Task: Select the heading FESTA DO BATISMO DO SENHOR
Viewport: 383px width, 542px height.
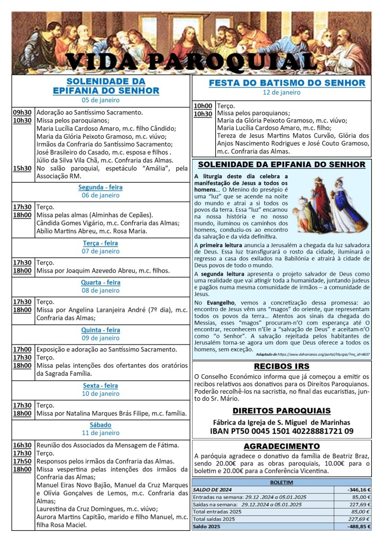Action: coord(287,83)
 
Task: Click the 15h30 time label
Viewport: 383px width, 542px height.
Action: coord(22,168)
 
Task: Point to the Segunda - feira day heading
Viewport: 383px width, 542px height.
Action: coord(100,187)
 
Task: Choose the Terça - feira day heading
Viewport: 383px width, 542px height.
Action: coord(100,243)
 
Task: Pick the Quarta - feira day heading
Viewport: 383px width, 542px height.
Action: coord(100,282)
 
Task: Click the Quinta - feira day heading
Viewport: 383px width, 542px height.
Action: coord(100,330)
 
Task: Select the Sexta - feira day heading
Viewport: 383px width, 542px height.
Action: coord(100,385)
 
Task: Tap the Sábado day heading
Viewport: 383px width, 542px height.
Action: coord(100,424)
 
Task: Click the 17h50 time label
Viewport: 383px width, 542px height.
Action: coord(22,461)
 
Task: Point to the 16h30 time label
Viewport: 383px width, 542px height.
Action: coord(22,445)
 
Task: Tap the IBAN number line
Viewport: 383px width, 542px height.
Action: coord(282,431)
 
